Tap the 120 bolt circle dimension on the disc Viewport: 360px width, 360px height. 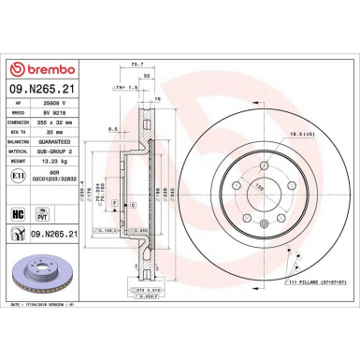(249, 187)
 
